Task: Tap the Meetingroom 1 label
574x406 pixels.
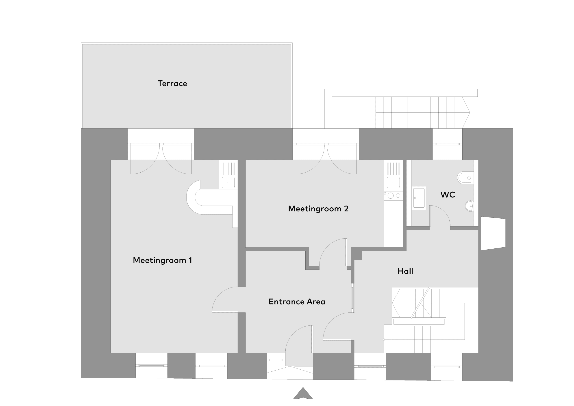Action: coord(163,260)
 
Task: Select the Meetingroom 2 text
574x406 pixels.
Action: coord(318,208)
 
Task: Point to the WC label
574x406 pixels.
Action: coord(448,195)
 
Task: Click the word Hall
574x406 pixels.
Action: coord(405,271)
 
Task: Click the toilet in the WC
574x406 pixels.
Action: coord(465,178)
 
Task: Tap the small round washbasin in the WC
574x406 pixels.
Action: coord(470,206)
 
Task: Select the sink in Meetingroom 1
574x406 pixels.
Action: coord(228,182)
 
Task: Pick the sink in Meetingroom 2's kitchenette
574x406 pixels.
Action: coord(393,182)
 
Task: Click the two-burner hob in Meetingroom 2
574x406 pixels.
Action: coord(393,196)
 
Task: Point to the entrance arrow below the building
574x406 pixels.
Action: coord(303,393)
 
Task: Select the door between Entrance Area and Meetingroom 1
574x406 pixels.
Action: coord(225,299)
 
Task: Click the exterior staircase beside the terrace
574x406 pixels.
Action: coord(422,112)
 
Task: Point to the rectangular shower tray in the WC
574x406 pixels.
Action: coord(419,198)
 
